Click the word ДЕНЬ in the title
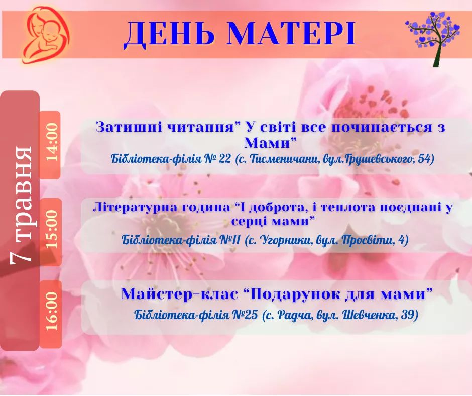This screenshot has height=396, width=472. tap(170, 34)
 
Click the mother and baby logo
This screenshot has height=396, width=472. tap(46, 34)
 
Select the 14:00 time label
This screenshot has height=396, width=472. tap(51, 142)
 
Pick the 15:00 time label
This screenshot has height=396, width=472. tap(51, 229)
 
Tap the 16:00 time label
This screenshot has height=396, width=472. tap(51, 311)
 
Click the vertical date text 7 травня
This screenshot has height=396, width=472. tap(21, 206)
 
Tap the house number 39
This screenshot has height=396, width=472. tap(408, 315)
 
